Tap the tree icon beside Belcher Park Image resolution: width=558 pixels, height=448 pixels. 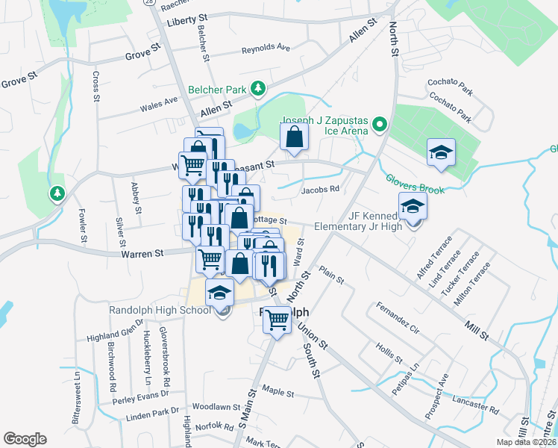(x=258, y=89)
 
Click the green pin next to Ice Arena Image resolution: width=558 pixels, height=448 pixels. (x=379, y=124)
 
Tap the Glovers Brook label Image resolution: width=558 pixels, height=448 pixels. (x=415, y=184)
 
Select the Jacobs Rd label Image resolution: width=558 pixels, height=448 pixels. (x=320, y=190)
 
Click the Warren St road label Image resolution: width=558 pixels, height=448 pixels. (x=142, y=254)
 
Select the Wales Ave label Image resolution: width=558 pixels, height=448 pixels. (x=159, y=103)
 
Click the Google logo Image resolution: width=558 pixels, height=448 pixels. (x=25, y=439)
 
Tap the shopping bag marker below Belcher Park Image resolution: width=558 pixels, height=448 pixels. (x=295, y=137)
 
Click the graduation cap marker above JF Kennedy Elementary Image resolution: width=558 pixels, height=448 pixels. (x=441, y=152)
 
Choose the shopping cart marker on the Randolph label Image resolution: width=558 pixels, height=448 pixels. (x=278, y=320)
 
